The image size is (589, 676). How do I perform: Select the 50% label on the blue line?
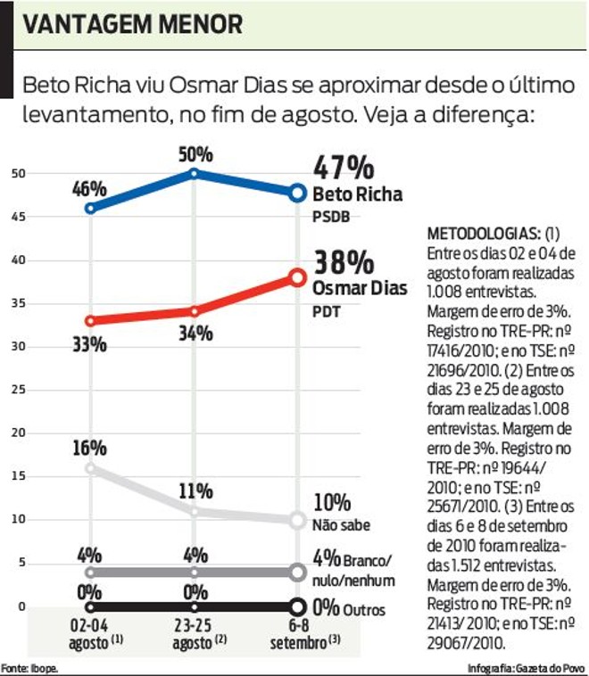pos(195,153)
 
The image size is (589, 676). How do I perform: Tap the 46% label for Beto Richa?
pos(90,190)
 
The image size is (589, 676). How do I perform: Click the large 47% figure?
pos(343,169)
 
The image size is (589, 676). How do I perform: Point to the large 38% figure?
pos(343,263)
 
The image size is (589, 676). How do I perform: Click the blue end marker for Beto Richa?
pos(297,192)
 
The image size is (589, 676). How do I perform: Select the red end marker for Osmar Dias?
pos(297,277)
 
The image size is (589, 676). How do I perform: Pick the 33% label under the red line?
pos(90,343)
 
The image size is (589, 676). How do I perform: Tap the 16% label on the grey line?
pos(90,448)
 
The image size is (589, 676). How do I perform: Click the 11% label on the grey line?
pos(195,491)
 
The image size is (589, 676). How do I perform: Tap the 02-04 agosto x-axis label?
pos(90,631)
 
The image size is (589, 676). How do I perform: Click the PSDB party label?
pos(330,217)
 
